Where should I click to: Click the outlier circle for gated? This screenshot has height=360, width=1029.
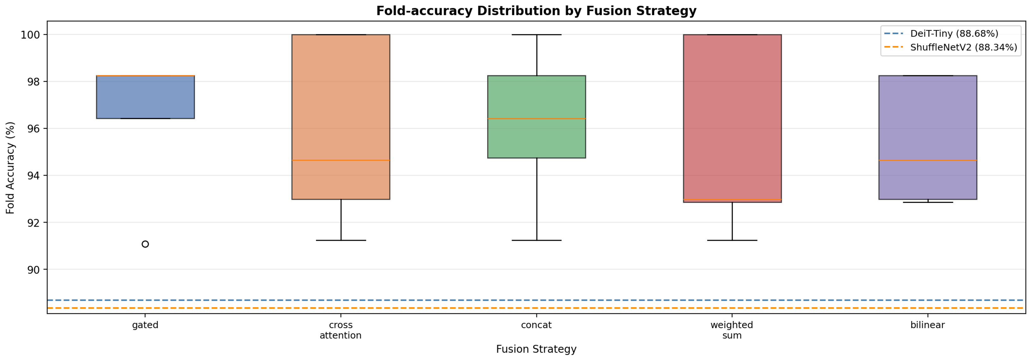145,244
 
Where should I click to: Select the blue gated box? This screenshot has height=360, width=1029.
145,97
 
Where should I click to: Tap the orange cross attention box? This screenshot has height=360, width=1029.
341,117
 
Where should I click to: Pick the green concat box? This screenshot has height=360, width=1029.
536,117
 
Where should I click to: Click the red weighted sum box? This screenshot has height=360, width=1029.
732,119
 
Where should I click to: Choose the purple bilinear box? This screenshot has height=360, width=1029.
928,137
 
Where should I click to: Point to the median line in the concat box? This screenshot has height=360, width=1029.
536,119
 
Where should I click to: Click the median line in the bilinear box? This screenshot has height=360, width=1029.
928,160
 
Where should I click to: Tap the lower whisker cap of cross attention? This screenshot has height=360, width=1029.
341,241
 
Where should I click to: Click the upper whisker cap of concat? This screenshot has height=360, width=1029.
536,35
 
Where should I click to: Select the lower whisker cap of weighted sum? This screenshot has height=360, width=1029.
732,241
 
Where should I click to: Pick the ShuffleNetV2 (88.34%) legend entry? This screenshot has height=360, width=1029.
951,47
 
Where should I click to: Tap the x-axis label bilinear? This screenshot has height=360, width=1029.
928,325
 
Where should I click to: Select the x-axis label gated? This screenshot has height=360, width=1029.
145,326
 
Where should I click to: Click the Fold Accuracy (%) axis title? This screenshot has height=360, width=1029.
10,168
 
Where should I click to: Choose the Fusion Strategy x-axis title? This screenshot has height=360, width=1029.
536,349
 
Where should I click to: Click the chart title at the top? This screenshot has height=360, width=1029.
536,11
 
